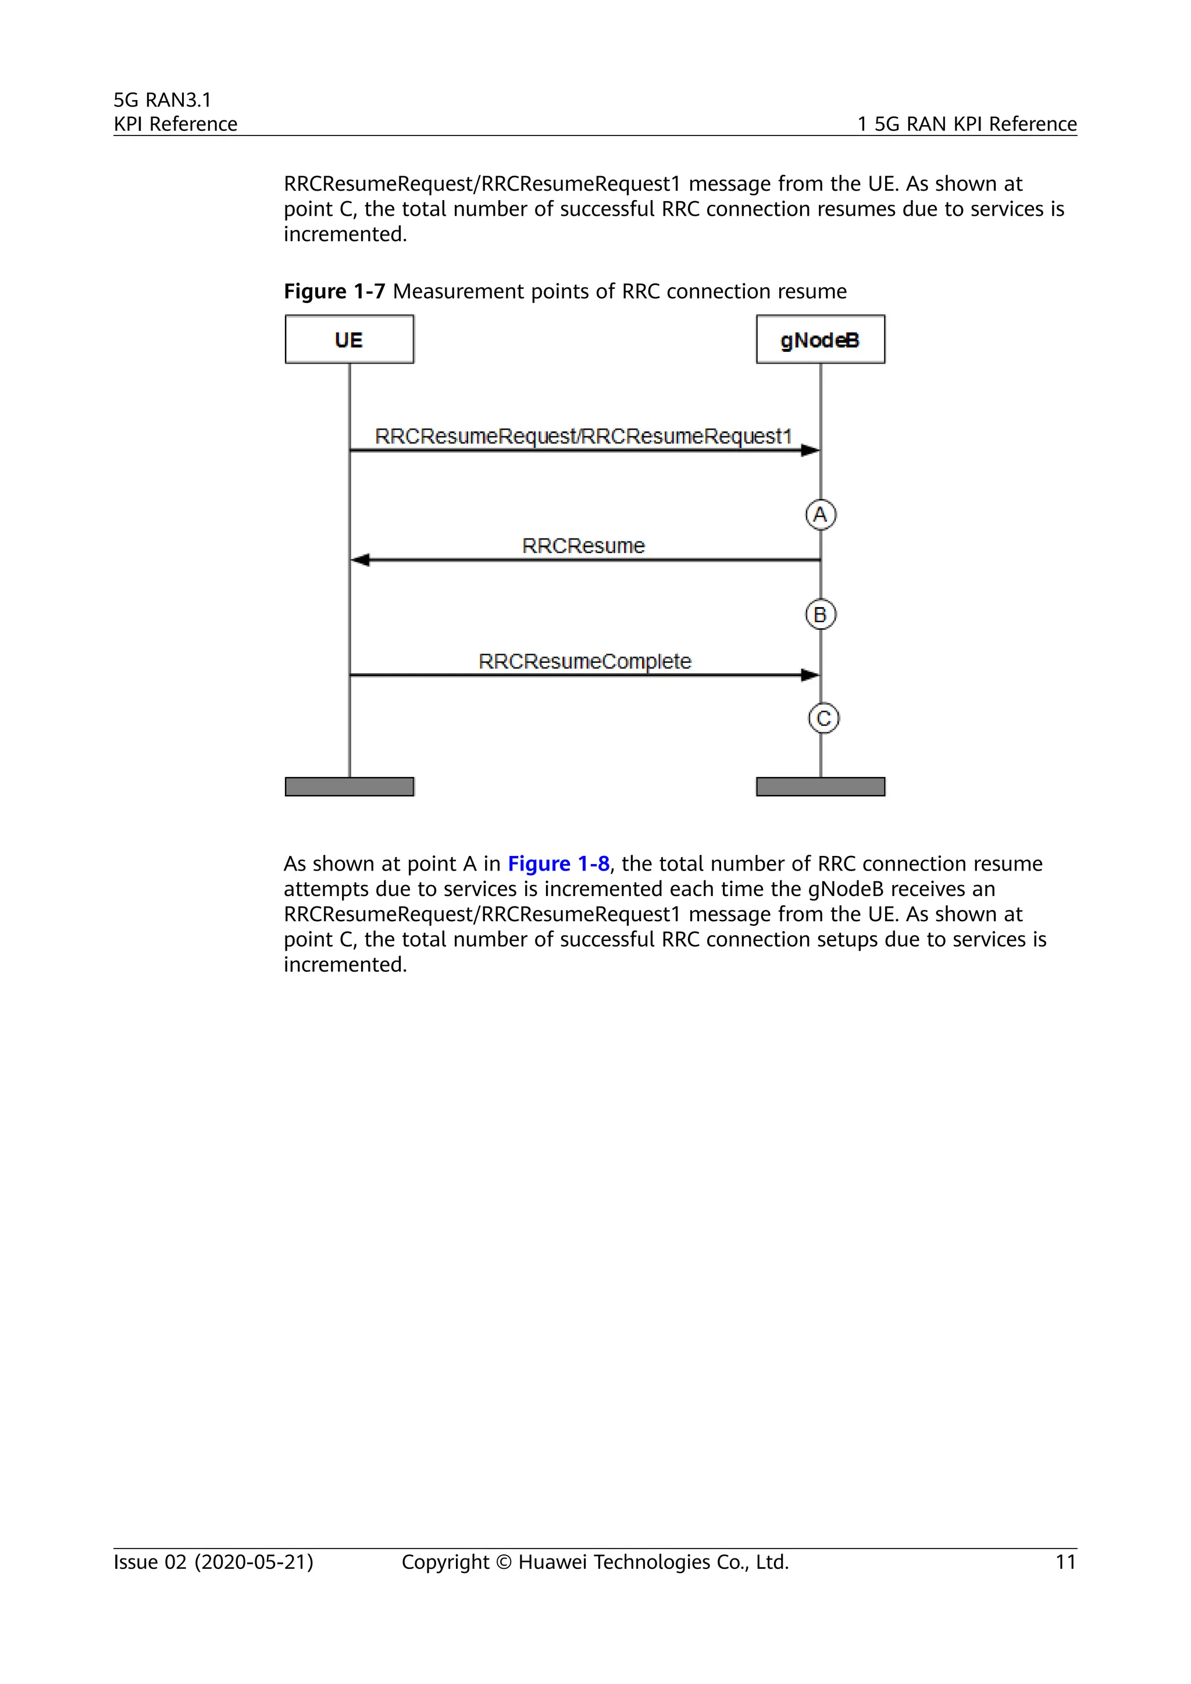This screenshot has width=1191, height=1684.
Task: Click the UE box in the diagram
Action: coord(349,339)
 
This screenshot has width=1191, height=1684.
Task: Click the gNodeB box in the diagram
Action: coord(820,339)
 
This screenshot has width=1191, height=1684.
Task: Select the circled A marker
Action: coord(820,514)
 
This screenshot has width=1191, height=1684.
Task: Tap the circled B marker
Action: coord(820,615)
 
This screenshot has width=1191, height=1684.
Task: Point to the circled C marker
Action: coord(823,718)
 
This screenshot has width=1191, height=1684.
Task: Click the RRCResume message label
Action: coord(583,545)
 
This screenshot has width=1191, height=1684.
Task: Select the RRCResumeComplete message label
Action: coord(584,661)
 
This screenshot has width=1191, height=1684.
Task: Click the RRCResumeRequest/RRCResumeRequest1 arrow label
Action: coord(583,436)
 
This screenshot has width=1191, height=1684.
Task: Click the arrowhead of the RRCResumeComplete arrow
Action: coord(810,675)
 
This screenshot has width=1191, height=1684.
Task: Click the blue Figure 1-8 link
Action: coord(558,864)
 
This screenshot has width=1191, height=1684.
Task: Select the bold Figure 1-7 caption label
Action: coord(334,291)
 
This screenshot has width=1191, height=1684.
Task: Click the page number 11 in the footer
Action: coord(1065,1562)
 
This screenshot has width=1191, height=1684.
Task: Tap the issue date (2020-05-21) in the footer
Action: coord(254,1562)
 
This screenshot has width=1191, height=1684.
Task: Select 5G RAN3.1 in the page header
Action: coord(162,100)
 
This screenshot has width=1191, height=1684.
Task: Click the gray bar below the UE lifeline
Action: coord(349,786)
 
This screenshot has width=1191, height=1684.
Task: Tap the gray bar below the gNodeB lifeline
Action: coord(820,786)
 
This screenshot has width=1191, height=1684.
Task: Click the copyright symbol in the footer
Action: coord(503,1563)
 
